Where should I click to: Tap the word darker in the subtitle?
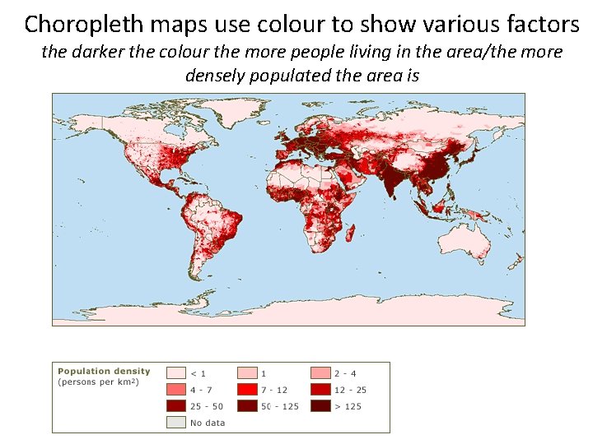(112, 53)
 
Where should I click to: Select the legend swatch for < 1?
(176, 373)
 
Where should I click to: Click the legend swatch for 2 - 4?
(320, 373)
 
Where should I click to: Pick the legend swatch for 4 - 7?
(176, 389)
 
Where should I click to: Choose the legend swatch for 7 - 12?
(248, 389)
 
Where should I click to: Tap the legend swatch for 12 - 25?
(320, 389)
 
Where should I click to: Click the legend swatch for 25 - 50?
(176, 405)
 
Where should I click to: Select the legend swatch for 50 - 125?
(248, 405)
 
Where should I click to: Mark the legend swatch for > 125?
(320, 405)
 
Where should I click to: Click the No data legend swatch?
(176, 423)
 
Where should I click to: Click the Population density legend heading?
(104, 372)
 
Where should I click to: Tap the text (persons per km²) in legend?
(98, 382)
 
